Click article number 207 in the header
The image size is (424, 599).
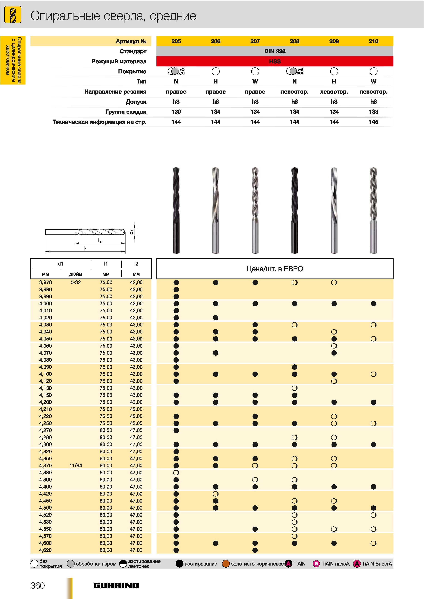(x=255, y=41)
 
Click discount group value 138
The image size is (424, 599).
(x=373, y=112)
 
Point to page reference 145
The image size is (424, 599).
(x=373, y=122)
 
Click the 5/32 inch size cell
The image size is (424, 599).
(x=76, y=282)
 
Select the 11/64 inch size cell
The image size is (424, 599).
(x=76, y=465)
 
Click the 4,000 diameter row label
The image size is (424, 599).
(x=45, y=303)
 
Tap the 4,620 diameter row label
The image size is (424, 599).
(x=45, y=550)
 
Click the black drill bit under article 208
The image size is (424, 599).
(x=294, y=210)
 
